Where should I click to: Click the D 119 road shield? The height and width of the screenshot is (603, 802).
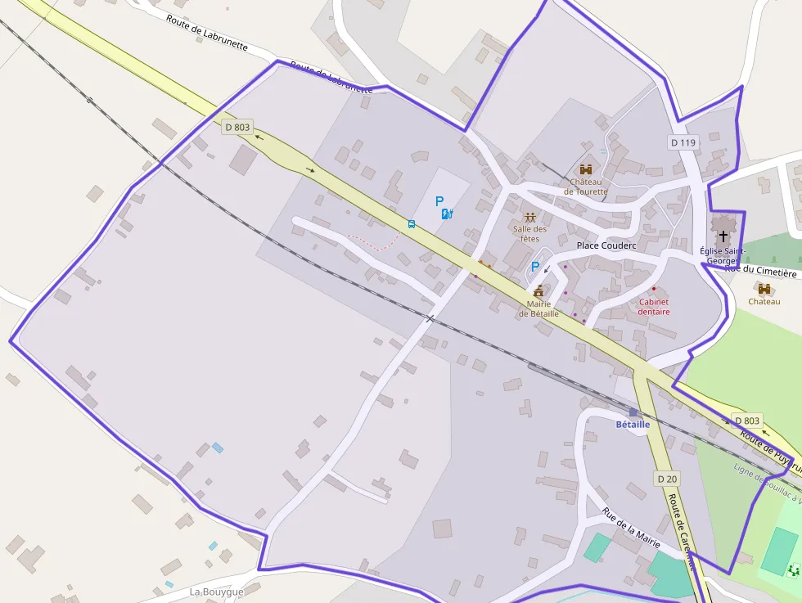[x=683, y=142]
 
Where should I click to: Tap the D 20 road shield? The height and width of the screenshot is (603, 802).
[x=667, y=478]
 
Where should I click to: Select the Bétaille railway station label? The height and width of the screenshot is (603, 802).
[x=633, y=425]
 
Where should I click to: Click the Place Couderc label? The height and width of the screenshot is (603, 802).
[x=606, y=245]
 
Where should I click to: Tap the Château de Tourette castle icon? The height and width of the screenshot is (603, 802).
[x=586, y=169]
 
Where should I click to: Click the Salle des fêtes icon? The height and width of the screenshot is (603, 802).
[x=530, y=218]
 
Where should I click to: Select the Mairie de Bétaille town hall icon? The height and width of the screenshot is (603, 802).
[x=538, y=291]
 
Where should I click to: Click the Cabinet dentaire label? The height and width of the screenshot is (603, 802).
[x=654, y=307]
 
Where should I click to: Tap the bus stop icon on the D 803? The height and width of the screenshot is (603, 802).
[x=412, y=223]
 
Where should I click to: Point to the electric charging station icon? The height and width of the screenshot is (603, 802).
[x=447, y=214]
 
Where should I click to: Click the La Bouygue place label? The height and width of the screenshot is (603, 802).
[x=216, y=592]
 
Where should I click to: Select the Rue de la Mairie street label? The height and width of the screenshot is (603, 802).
[x=631, y=528]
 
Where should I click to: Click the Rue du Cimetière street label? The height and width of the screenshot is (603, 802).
[x=760, y=272]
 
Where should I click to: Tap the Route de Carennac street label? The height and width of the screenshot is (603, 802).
[x=682, y=532]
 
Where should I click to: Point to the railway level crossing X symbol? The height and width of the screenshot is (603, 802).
[x=430, y=318]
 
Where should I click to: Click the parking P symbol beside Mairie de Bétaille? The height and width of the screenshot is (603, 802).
[x=535, y=267]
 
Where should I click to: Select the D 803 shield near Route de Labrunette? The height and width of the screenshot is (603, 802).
[x=237, y=127]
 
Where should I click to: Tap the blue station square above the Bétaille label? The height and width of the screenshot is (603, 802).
[x=633, y=412]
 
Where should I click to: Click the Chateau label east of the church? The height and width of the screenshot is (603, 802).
[x=764, y=301]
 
